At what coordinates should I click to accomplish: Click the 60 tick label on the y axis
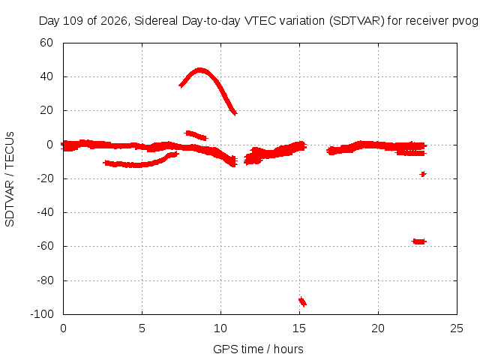pos(46,43)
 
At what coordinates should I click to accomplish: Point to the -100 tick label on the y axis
pos(42,314)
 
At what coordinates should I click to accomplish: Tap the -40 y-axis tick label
pos(45,212)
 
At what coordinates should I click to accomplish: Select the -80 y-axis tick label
pos(45,280)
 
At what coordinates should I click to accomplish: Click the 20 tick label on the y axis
pos(46,110)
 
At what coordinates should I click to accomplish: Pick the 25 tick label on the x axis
pos(457,328)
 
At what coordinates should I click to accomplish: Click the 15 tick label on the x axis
pos(299,328)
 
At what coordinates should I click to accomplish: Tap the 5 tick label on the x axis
pos(142,328)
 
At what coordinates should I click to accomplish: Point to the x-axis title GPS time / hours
pos(258,349)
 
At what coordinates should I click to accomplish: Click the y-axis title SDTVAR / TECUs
pos(10,179)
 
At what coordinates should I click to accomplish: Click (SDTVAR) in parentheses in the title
pos(357,21)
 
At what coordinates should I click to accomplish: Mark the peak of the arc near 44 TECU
pos(200,70)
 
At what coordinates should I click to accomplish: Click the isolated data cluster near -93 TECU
pos(302,301)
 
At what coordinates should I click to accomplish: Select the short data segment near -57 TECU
pos(418,241)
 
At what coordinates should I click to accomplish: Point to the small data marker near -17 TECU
pos(423,174)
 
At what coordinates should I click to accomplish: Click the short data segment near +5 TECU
pos(196,135)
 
